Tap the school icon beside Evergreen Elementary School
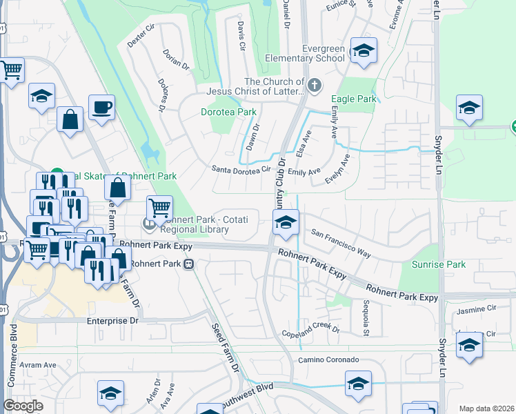pyautogui.click(x=363, y=51)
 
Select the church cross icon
pyautogui.click(x=315, y=86)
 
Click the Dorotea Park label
pyautogui.click(x=228, y=112)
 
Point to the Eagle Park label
pyautogui.click(x=354, y=99)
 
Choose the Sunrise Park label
pyautogui.click(x=438, y=264)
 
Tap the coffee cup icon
pyautogui.click(x=101, y=108)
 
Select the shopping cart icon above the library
pyautogui.click(x=159, y=207)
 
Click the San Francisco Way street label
pyautogui.click(x=341, y=244)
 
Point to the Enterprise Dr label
pyautogui.click(x=112, y=321)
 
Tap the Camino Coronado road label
pyautogui.click(x=328, y=360)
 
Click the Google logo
pyautogui.click(x=23, y=406)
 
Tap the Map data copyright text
pyautogui.click(x=486, y=408)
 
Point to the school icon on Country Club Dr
pyautogui.click(x=286, y=222)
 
